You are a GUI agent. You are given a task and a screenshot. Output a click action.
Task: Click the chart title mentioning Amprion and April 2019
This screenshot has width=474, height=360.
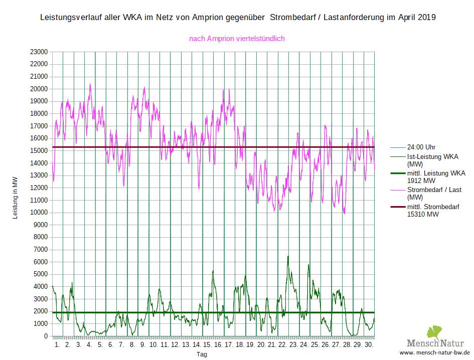coord(237,17)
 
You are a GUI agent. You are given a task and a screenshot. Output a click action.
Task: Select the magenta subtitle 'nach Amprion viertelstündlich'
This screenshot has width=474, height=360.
coord(237,39)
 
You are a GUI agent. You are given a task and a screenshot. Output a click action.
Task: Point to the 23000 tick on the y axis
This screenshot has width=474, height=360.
coord(39,52)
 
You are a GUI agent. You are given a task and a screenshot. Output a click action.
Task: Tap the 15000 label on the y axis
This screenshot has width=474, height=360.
coord(39,151)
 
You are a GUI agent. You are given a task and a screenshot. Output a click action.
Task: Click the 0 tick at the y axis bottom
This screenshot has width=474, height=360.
coord(45,336)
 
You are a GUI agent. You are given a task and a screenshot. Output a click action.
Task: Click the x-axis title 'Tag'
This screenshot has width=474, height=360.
coord(201,354)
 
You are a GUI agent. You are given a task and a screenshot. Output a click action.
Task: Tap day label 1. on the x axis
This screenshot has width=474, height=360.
coord(57,345)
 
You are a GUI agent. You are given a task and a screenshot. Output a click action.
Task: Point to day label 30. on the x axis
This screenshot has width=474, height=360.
coord(369,345)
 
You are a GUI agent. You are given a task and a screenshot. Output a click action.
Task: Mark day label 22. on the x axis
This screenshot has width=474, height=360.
coord(282,345)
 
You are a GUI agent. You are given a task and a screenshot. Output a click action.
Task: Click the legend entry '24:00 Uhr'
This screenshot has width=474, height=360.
coord(421,147)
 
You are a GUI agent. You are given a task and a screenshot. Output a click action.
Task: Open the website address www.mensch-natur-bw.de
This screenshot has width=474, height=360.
coord(435,352)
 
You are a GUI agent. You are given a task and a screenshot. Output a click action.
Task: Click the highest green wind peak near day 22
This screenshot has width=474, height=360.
coord(288,256)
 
